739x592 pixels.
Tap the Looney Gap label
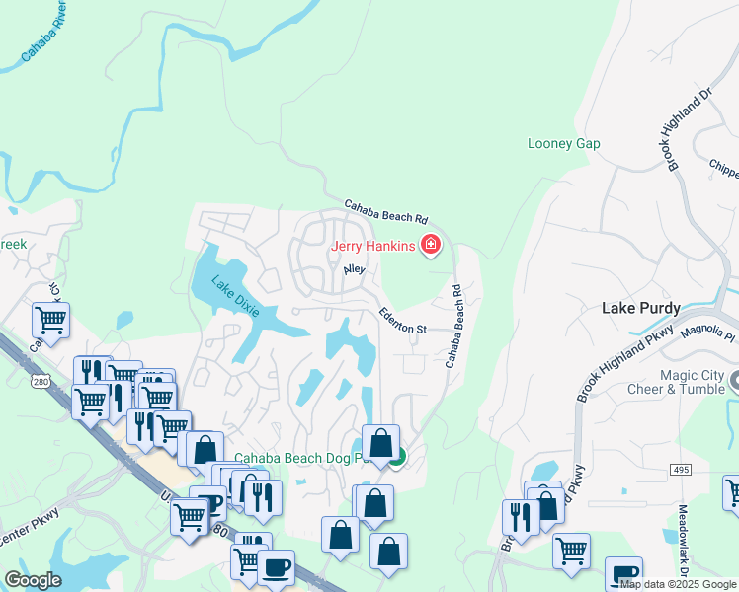[563, 144]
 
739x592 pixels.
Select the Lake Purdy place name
[640, 309]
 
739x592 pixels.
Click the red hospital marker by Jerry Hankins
[431, 245]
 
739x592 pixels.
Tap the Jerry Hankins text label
[372, 246]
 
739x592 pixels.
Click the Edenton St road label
[402, 321]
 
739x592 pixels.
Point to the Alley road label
[354, 269]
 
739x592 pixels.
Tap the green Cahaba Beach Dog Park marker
[396, 457]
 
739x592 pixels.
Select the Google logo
[33, 580]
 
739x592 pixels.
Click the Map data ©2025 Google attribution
[678, 584]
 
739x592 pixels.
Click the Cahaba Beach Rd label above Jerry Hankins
[385, 212]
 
